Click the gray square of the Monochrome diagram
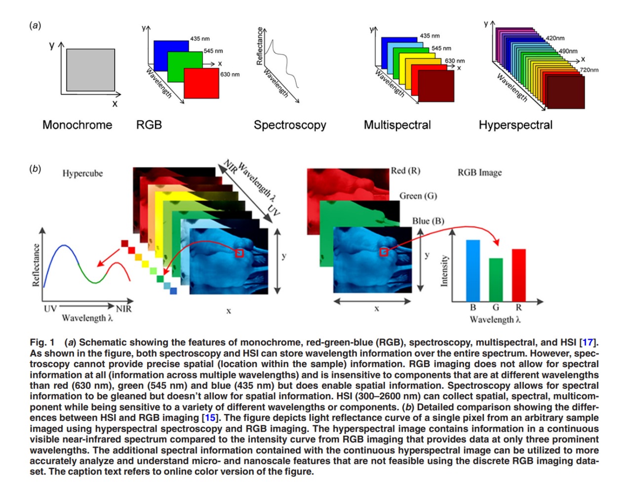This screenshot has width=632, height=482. (90, 70)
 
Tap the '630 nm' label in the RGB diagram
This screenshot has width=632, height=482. (230, 74)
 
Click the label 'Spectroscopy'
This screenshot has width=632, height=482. (290, 125)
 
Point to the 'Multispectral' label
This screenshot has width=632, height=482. (397, 125)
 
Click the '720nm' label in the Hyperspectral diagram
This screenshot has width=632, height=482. (589, 70)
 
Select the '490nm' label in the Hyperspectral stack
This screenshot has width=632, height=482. (568, 51)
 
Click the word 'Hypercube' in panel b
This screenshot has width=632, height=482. (82, 173)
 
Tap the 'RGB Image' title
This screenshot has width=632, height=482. (479, 172)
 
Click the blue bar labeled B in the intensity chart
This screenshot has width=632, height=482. (473, 270)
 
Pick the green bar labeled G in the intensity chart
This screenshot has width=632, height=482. (496, 279)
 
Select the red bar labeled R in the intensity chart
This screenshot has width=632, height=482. (518, 275)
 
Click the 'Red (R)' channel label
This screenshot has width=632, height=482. (405, 171)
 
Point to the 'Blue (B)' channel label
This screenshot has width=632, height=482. (428, 221)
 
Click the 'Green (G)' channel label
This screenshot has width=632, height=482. (418, 196)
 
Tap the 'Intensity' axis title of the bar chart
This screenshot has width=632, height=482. (444, 270)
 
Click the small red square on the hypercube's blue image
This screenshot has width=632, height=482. (239, 253)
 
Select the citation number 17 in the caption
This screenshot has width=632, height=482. (588, 342)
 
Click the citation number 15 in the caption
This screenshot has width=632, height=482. (210, 418)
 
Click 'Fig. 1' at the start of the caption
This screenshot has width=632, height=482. (42, 342)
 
